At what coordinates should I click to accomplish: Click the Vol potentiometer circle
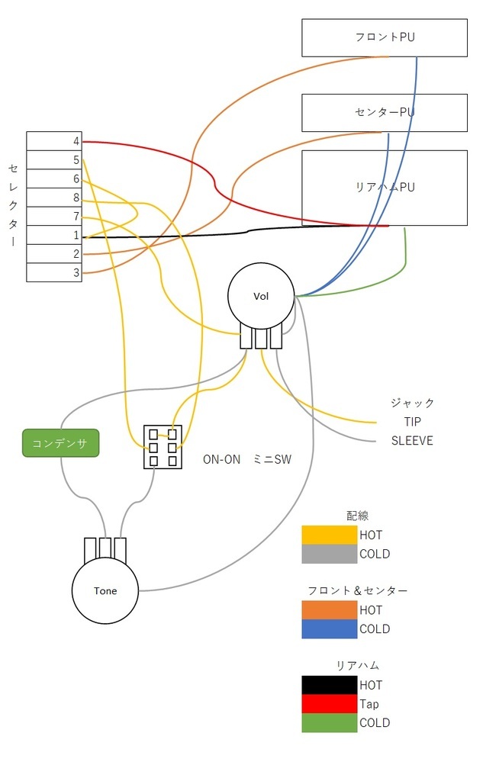tap(261, 296)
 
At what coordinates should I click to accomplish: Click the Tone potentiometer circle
tap(105, 590)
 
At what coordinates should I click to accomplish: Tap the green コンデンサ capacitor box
tap(61, 442)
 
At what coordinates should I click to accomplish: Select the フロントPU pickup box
tap(385, 38)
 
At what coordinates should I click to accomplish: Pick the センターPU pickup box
tap(385, 113)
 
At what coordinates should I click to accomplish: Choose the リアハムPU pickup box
tap(385, 188)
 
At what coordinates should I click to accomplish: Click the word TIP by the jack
tap(412, 422)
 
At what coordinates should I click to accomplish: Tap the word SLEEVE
tap(412, 441)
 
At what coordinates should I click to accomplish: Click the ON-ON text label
tap(221, 459)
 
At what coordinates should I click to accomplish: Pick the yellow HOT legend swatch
tap(330, 535)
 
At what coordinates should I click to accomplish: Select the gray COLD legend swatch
tap(330, 554)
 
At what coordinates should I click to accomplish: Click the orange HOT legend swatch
tap(330, 610)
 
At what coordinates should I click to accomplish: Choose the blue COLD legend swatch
tap(330, 629)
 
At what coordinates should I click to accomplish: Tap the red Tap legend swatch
tap(330, 704)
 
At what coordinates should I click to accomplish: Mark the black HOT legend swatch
tap(330, 685)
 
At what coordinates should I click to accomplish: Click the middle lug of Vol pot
tap(261, 339)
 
